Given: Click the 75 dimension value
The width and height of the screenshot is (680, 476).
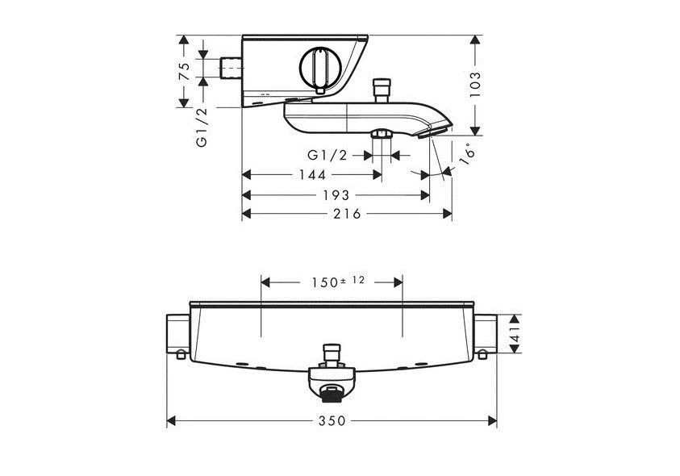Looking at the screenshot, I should (184, 69).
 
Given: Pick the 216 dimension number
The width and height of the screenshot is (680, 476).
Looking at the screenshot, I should (348, 213).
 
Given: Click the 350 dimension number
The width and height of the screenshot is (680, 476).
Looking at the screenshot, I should (332, 421).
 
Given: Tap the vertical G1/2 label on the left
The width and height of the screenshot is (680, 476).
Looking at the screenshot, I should (202, 127).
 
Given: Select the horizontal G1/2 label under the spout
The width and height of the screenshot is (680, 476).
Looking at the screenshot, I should (327, 155).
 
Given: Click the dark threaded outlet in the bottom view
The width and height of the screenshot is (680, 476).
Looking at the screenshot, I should (330, 394).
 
